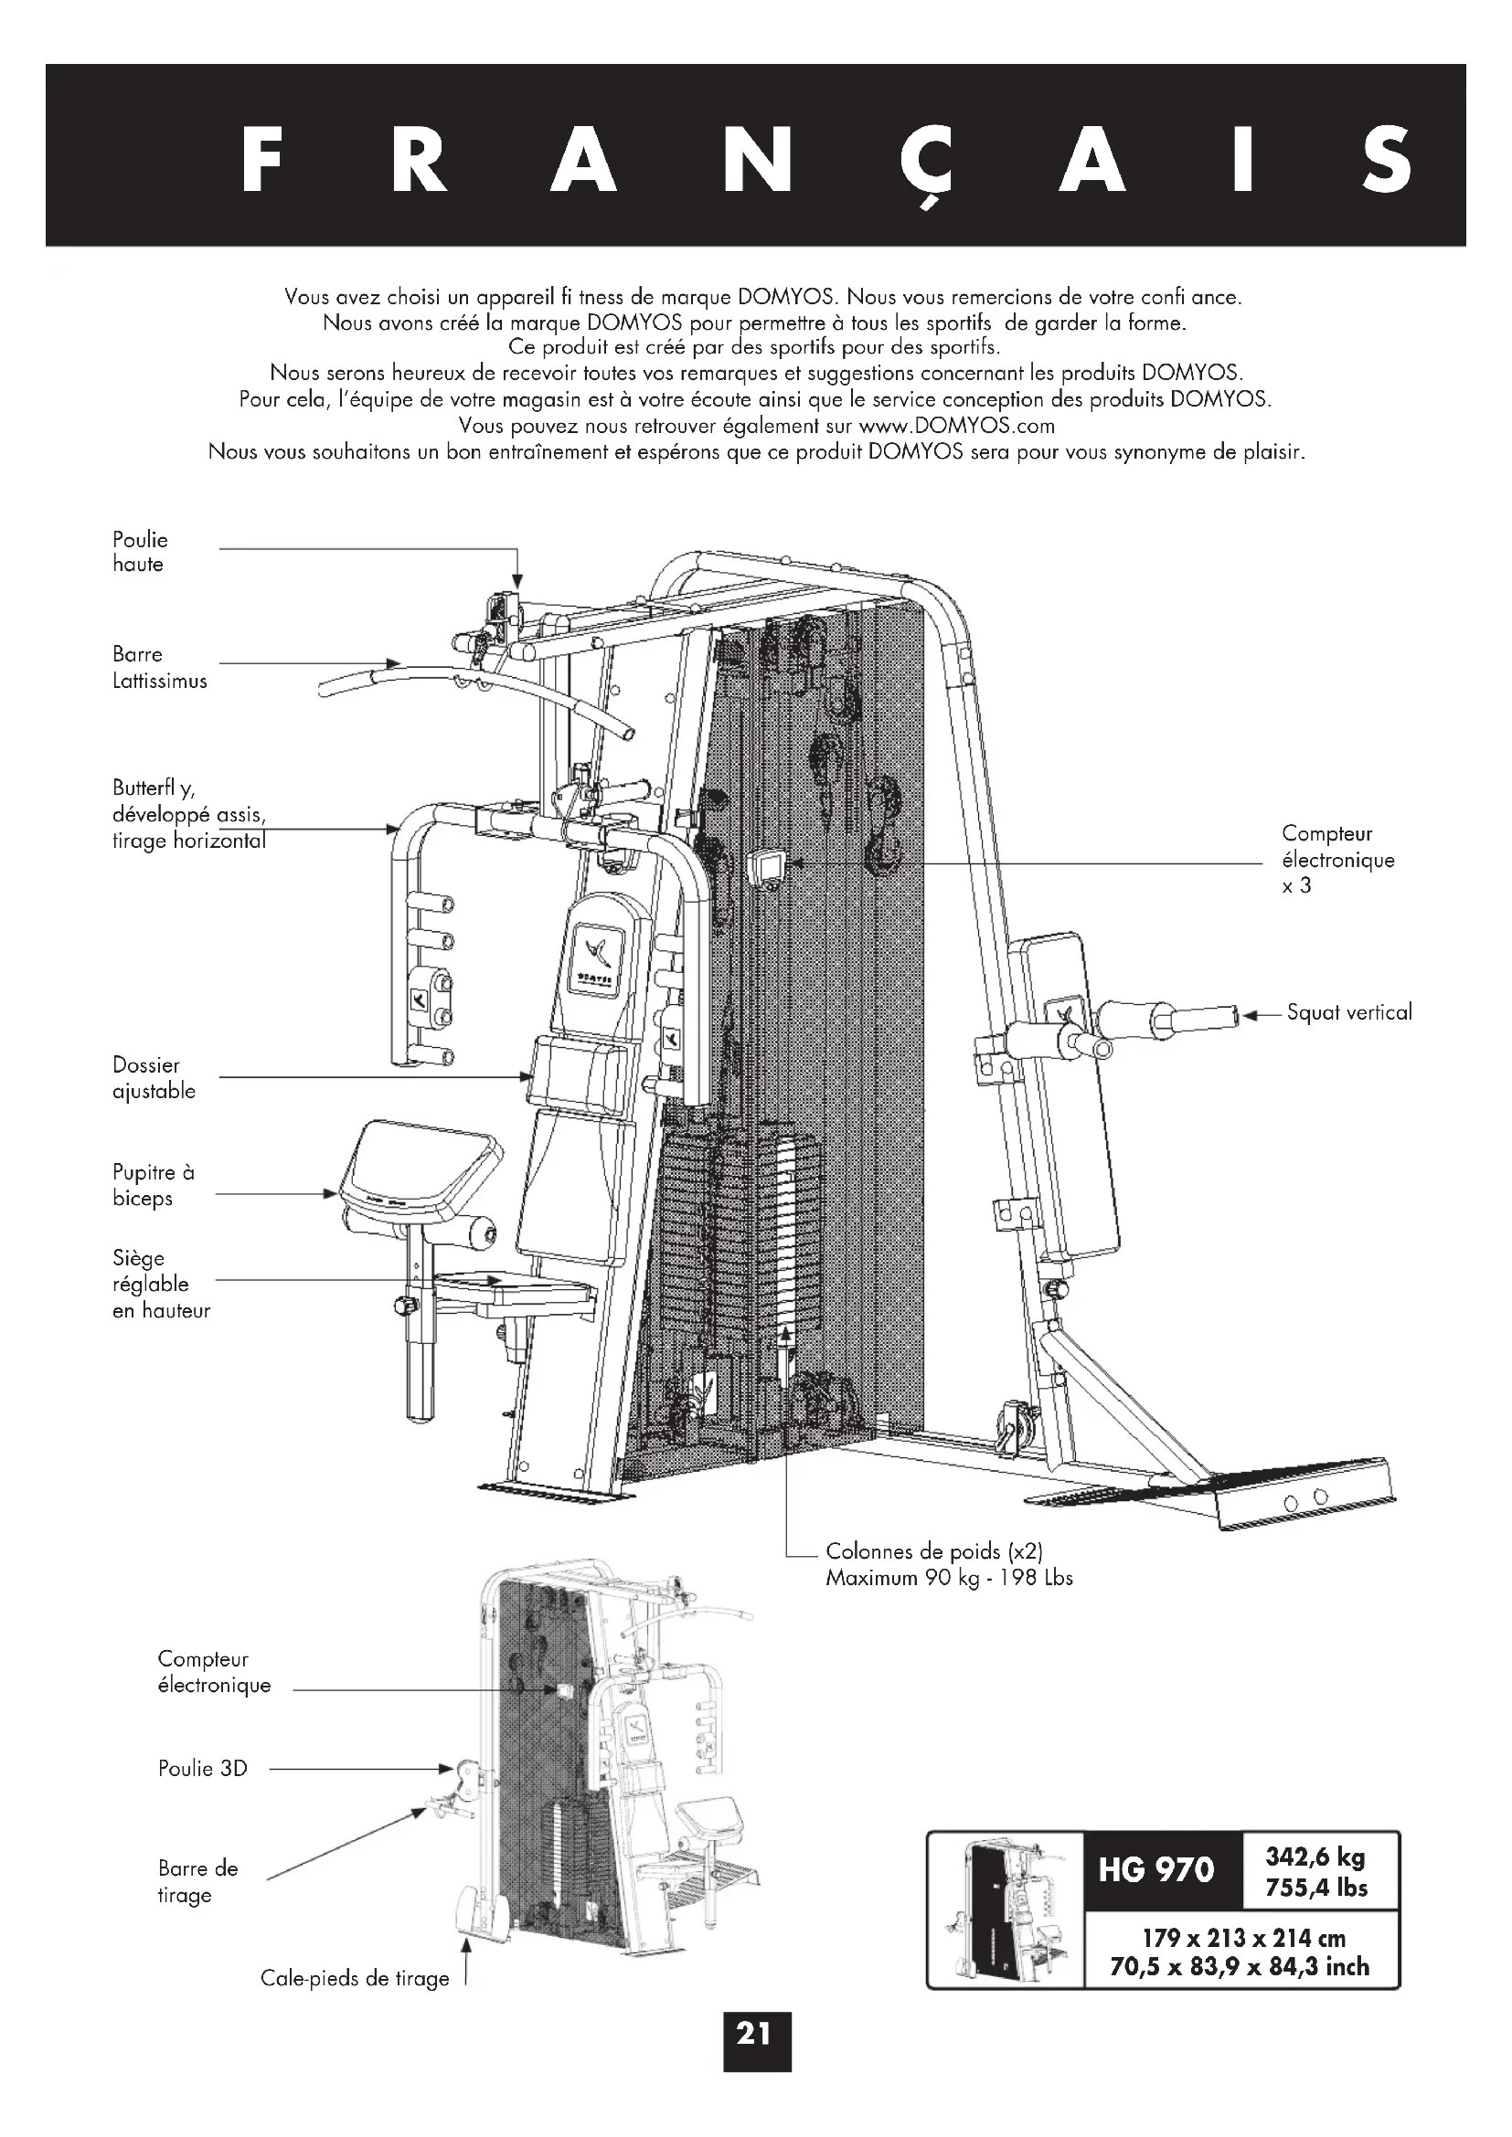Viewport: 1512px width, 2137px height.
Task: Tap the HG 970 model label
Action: point(1156,1870)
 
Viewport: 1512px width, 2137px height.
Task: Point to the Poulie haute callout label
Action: point(141,552)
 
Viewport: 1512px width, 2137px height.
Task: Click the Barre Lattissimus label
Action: point(159,667)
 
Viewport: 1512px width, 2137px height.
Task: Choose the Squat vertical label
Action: point(1348,1012)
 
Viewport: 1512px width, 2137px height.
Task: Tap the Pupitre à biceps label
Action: point(154,1185)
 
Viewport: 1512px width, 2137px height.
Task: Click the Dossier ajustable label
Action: point(154,1078)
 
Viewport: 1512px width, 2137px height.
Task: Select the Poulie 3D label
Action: point(203,1769)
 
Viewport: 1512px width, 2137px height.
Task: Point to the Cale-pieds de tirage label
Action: point(355,1979)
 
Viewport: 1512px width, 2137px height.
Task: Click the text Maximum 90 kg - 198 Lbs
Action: point(949,1578)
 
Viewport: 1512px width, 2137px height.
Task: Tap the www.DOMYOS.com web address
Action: point(956,427)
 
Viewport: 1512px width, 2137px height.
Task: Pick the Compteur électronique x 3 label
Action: point(1338,859)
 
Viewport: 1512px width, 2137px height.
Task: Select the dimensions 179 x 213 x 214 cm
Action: point(1243,1939)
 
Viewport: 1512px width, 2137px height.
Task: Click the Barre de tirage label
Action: point(197,1881)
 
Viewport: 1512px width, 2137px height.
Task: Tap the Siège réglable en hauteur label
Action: point(161,1285)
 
